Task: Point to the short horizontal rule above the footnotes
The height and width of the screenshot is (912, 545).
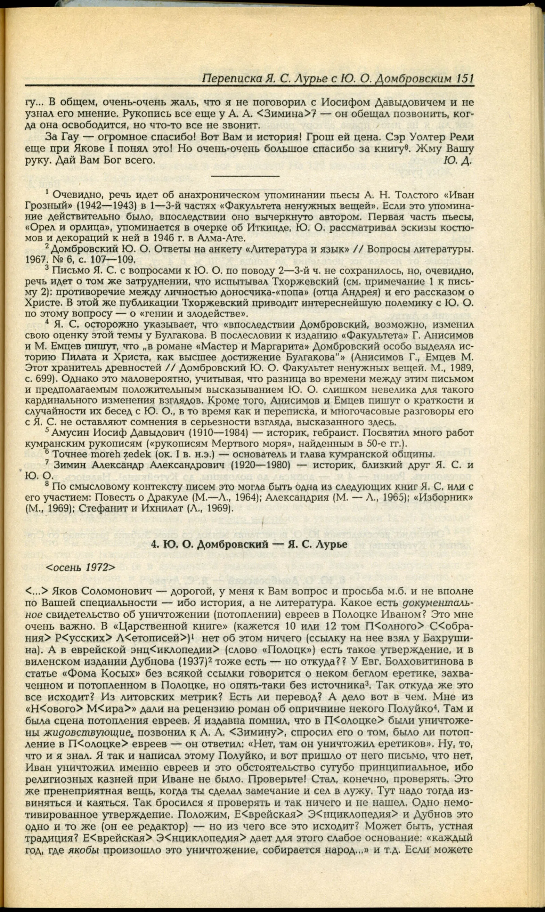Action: point(245,177)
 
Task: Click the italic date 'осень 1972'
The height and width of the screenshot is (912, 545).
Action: point(80,567)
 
